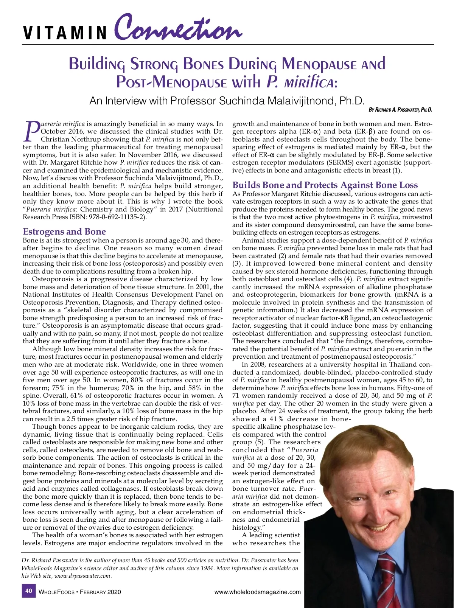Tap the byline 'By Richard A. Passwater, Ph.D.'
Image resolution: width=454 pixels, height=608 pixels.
click(400, 110)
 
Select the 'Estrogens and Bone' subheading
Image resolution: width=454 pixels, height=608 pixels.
click(64, 232)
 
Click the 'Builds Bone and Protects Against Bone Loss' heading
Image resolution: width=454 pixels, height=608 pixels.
click(325, 185)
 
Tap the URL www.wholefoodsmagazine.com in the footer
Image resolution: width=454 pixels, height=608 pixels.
click(257, 592)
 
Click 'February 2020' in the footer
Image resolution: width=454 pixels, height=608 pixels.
click(100, 592)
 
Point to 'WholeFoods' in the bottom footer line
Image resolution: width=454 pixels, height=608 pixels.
click(56, 592)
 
